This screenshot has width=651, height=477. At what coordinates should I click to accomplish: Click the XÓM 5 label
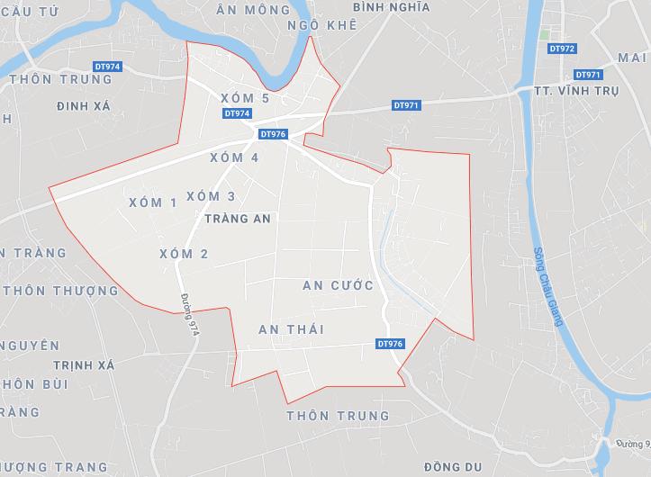tap(245, 97)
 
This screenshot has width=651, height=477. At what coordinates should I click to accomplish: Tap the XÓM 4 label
tap(234, 157)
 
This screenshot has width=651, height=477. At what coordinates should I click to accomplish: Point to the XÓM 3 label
tap(211, 196)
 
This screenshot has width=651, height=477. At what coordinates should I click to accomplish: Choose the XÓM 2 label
tap(184, 254)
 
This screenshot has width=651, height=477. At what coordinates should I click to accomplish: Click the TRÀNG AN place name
tap(238, 219)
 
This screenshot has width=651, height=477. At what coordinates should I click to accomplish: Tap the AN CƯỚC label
tap(338, 285)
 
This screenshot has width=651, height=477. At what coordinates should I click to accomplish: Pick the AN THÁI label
tap(291, 329)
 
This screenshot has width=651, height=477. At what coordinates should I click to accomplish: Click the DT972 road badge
tap(561, 49)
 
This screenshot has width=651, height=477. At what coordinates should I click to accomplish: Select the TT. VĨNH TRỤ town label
tap(585, 91)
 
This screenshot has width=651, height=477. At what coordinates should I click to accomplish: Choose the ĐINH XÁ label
tap(83, 105)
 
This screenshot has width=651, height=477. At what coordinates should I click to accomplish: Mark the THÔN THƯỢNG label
tap(61, 291)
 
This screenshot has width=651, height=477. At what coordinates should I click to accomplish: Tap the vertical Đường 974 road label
tap(188, 315)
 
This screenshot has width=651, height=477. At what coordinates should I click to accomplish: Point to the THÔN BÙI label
tap(36, 384)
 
